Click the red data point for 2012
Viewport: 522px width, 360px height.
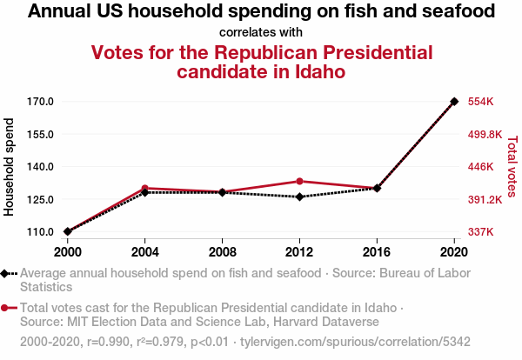point(299,181)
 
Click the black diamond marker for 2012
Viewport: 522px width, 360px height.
point(299,197)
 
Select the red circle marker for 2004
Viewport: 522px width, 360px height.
point(145,188)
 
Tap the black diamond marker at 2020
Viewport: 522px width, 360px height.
point(454,102)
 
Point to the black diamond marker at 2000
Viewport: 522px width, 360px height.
point(68,231)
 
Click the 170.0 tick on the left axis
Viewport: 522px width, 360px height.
point(41,102)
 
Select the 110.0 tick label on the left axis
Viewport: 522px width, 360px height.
point(41,232)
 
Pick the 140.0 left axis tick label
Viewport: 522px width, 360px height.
point(41,167)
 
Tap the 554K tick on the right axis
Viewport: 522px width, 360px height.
point(481,102)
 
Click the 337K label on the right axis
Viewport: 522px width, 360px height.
point(481,232)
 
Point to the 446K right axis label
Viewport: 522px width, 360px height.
point(481,167)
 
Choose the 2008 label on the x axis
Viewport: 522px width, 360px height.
point(223,252)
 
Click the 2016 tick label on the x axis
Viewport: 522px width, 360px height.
point(377,252)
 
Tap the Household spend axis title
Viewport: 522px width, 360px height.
point(10,167)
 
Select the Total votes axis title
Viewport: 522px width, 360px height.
point(512,167)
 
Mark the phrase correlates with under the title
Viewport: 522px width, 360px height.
point(261,32)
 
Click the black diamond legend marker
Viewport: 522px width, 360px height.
point(6,273)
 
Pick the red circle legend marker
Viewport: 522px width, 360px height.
point(6,308)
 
